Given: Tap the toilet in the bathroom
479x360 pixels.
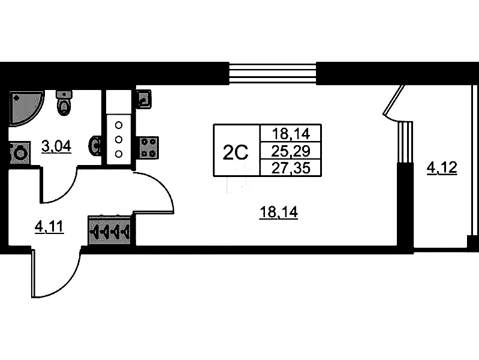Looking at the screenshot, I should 64,103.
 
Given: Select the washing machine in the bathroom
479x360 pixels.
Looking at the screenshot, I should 20,152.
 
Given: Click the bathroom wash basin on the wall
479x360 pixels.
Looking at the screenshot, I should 94,146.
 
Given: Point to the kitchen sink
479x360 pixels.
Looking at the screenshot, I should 144,98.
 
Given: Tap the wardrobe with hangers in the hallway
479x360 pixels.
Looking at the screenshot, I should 111,230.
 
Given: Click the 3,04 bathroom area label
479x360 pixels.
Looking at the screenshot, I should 56,145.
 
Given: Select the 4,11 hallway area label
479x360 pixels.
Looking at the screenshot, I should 49,226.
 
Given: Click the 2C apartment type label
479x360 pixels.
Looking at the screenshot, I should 236,152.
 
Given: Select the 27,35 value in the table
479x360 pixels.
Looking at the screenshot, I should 288,167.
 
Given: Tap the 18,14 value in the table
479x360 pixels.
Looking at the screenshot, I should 288,133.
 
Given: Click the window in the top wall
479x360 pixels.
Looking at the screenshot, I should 273,73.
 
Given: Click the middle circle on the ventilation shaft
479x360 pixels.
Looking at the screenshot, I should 118,140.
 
